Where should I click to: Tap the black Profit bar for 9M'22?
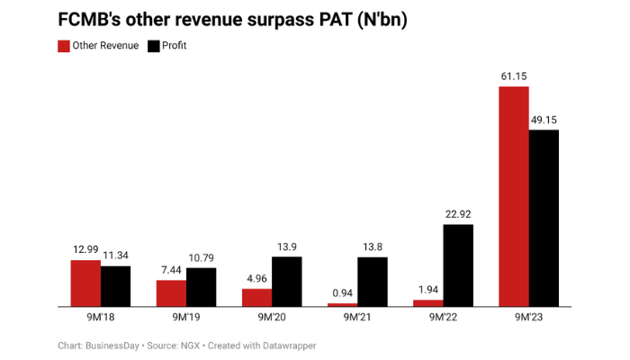point(458,265)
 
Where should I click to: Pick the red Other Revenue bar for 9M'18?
point(86,283)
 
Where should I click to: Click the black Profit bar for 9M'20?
point(287,282)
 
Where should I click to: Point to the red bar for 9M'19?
point(172,293)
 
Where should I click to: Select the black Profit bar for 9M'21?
point(373,282)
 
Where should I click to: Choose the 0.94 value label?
point(342,294)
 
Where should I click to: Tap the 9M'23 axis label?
point(529,317)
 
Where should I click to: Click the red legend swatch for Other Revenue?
point(63,45)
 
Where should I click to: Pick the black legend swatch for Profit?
point(154,45)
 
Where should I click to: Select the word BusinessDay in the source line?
point(119,346)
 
